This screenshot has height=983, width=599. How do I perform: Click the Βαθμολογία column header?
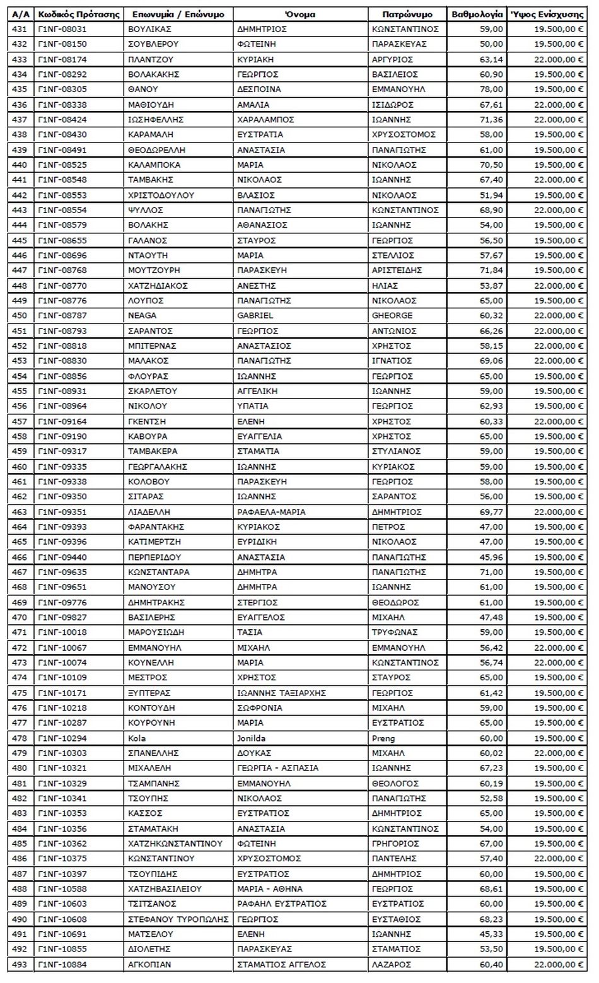click(477, 14)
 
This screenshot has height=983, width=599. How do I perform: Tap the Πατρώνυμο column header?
click(407, 14)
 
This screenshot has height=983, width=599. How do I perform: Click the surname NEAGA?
click(142, 315)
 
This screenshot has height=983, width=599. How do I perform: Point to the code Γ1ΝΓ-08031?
click(62, 29)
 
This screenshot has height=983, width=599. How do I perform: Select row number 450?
click(20, 315)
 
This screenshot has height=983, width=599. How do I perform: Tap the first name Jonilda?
click(251, 738)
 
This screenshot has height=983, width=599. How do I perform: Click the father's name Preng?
click(383, 738)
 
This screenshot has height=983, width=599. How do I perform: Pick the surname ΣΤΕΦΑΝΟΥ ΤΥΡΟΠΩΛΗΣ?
click(178, 919)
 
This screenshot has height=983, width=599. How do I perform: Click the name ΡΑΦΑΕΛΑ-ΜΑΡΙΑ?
click(271, 512)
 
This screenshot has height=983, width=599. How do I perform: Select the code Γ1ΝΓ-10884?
click(62, 964)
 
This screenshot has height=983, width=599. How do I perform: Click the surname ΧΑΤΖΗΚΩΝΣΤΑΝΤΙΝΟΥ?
click(175, 844)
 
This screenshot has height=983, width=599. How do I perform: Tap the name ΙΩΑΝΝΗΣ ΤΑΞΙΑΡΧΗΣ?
click(281, 693)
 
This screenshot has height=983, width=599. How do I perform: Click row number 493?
click(20, 964)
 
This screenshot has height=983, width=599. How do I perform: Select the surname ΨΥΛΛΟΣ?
click(146, 210)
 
